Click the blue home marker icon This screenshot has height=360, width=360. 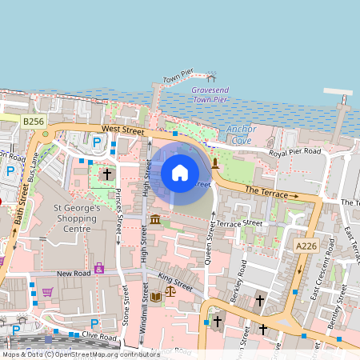tap(180, 172)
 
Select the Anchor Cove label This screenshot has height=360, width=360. tap(242, 134)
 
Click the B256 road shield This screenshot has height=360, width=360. tap(34, 121)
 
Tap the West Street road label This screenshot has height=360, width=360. tap(122, 130)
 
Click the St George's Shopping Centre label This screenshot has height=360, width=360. tap(77, 218)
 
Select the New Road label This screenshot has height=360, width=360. tap(74, 274)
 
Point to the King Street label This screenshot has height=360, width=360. tap(175, 282)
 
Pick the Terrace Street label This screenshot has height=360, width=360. tap(241, 223)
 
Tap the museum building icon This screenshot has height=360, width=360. tap(155, 219)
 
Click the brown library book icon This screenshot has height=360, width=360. tap(155, 296)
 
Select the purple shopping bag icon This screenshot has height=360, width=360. tap(99, 268)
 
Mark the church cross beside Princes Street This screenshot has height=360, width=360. tap(107, 173)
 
